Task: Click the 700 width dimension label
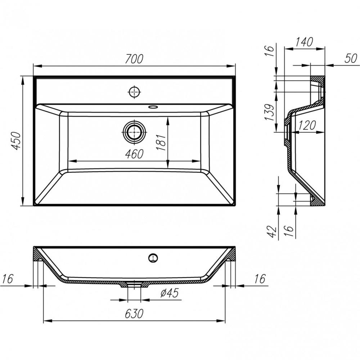click(x=134, y=59)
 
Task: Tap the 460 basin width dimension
click(x=134, y=154)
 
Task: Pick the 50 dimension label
click(x=350, y=59)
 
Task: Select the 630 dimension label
click(x=134, y=314)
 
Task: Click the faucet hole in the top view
click(x=134, y=92)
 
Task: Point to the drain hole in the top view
click(x=134, y=132)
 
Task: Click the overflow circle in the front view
click(x=153, y=257)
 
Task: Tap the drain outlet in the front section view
click(x=134, y=284)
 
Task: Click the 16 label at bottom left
click(x=8, y=279)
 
